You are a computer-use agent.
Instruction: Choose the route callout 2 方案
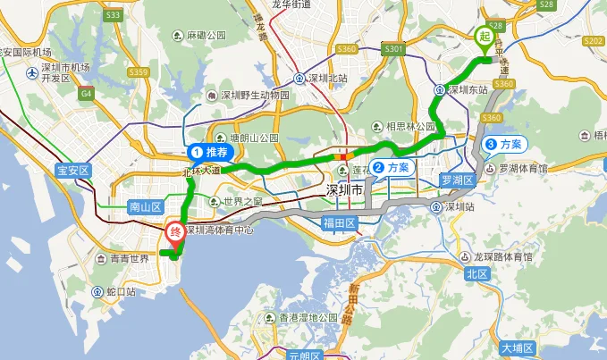click(x=392, y=167)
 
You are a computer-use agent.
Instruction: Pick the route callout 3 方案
click(x=505, y=144)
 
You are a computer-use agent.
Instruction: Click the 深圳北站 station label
click(x=327, y=78)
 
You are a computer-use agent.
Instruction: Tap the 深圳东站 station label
click(x=467, y=89)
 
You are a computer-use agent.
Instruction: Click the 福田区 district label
click(x=340, y=222)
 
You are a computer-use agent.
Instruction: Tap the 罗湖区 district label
click(x=454, y=180)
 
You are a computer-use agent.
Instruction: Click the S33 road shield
click(x=113, y=16)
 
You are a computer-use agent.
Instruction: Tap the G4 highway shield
click(x=87, y=92)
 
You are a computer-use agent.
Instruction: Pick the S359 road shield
click(x=139, y=71)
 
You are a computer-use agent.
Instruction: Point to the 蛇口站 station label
click(x=121, y=291)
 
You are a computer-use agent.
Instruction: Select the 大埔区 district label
click(x=516, y=347)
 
